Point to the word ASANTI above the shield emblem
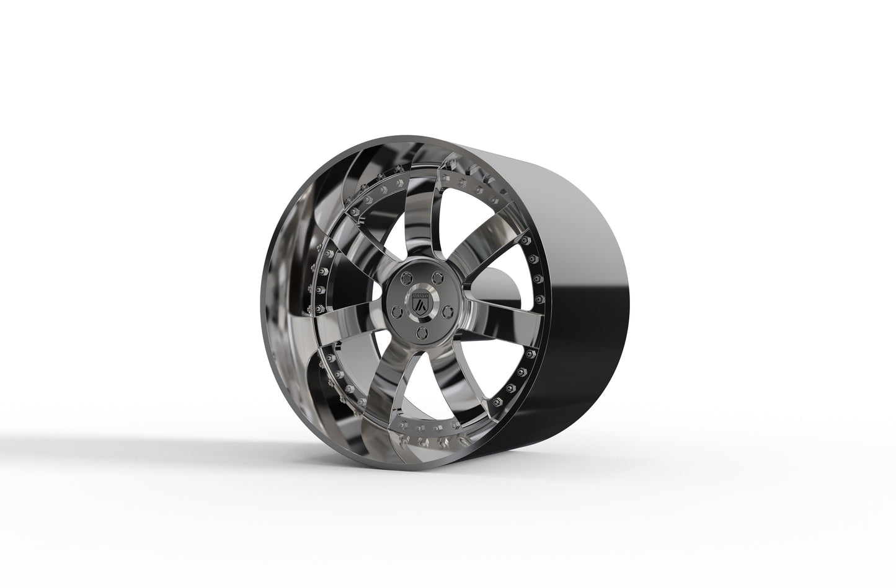coord(421,296)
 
